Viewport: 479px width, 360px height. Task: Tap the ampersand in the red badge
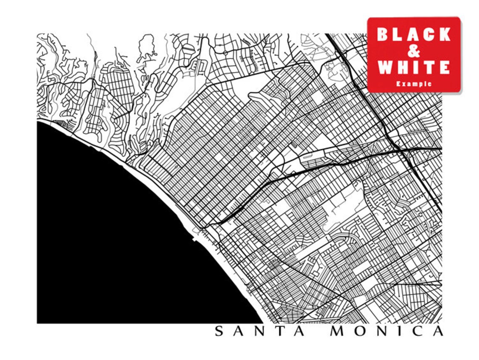414,51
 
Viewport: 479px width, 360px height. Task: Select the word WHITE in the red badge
414,67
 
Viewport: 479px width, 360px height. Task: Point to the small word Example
414,84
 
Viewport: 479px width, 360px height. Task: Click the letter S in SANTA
219,331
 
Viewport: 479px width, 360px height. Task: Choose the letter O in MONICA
361,331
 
